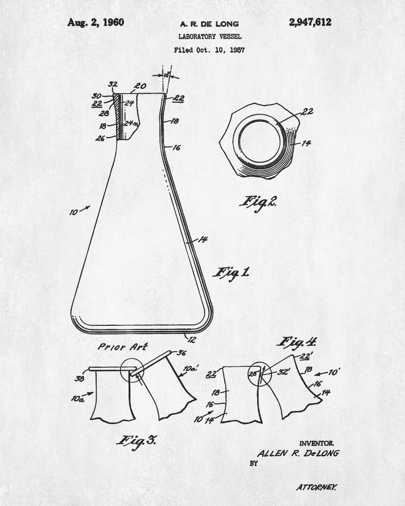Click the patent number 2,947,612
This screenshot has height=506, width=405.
310,22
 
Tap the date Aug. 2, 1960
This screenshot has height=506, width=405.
96,23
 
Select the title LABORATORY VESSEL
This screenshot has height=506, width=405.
210,36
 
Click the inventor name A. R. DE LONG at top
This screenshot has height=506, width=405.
209,24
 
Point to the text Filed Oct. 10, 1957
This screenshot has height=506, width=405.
209,50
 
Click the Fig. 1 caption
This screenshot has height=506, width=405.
231,273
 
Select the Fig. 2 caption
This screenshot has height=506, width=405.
258,203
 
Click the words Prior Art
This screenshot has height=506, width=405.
123,347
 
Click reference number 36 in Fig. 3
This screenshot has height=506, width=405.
182,353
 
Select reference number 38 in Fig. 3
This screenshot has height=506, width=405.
79,378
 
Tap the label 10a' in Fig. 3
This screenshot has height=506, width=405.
191,368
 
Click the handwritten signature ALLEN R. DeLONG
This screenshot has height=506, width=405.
298,453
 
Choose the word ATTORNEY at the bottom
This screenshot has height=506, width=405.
316,487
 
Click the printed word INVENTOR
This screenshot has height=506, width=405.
316,443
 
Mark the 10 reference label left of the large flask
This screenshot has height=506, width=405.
73,213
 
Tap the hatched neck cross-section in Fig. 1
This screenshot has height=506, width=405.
119,117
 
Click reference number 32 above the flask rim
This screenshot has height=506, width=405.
113,85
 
